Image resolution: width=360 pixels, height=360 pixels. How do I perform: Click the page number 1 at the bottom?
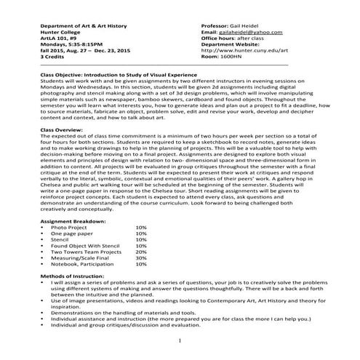[x=180, y=338]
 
